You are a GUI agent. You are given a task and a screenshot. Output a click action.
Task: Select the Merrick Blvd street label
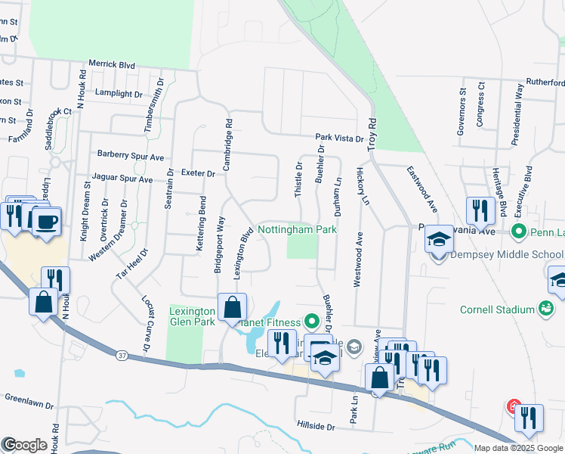(x=112, y=65)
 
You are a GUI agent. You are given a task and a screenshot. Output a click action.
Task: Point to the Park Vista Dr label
(x=339, y=138)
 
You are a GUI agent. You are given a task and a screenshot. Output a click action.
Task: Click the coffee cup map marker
(x=48, y=221)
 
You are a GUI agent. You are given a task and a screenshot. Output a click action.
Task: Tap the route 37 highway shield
(x=122, y=354)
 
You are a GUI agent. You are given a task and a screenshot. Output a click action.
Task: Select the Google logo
(x=24, y=445)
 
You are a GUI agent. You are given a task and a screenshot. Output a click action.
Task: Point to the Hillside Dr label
(x=316, y=427)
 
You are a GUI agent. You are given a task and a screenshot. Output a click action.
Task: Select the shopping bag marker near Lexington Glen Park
(x=232, y=307)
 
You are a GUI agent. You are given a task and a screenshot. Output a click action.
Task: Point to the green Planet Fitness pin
(x=310, y=322)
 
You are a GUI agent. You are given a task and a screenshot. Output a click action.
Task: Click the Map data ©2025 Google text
(x=517, y=448)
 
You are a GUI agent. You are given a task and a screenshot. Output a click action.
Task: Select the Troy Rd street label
(x=372, y=133)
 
